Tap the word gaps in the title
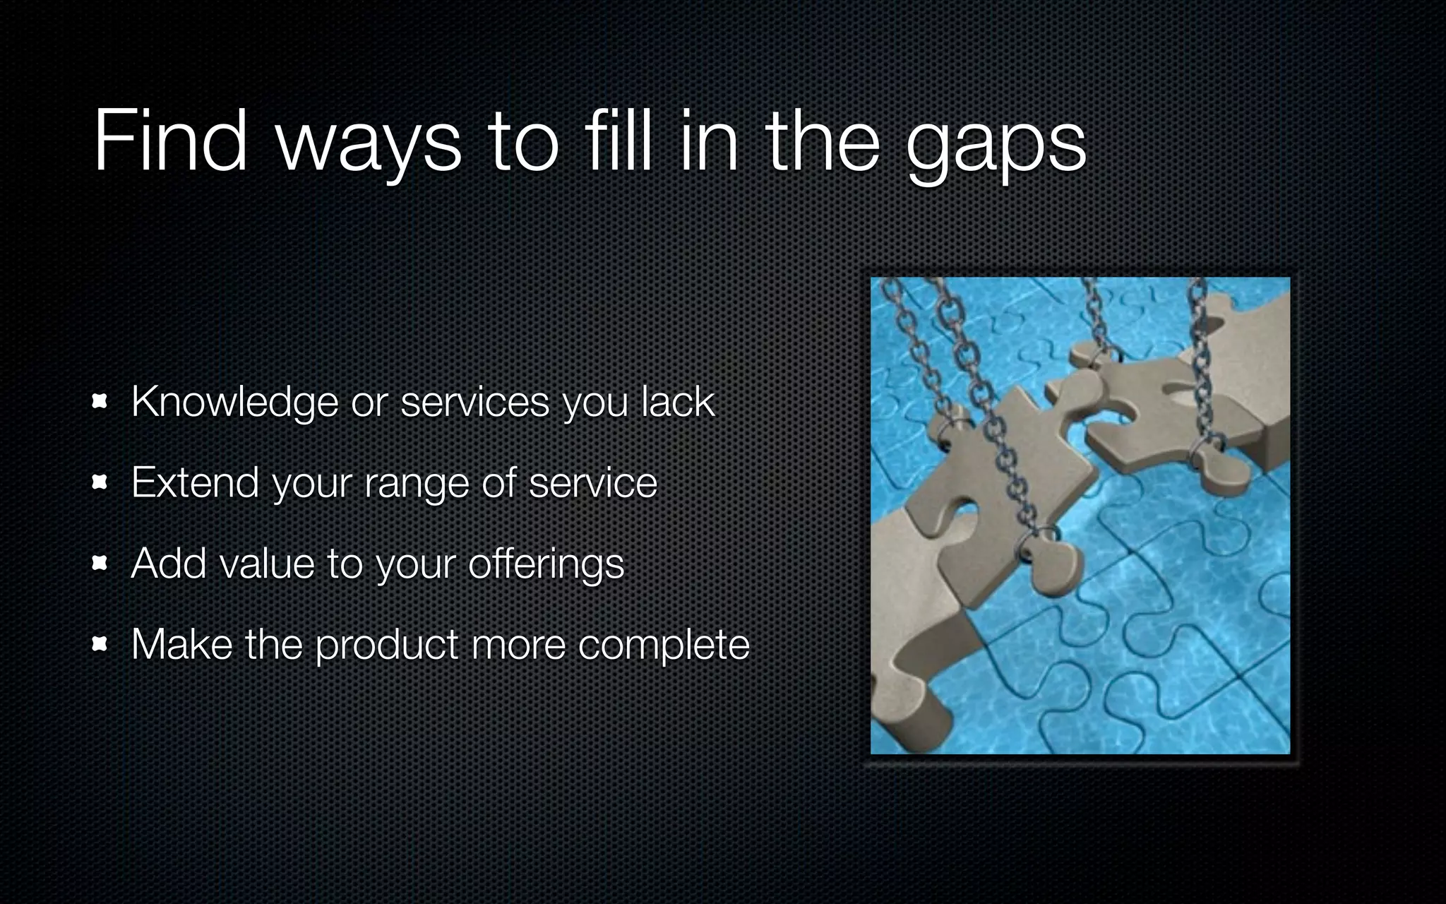point(996,145)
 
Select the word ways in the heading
point(368,145)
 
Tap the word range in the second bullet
point(417,486)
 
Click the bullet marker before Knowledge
point(100,403)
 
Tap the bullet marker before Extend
point(100,483)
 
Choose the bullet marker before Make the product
point(100,644)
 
